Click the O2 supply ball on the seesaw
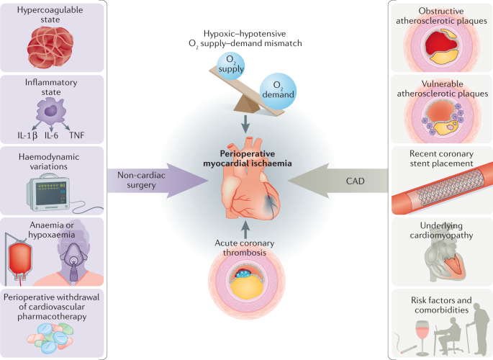pyautogui.click(x=230, y=66)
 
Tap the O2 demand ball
pyautogui.click(x=278, y=91)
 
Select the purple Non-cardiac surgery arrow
pyautogui.click(x=157, y=181)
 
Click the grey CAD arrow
pyautogui.click(x=338, y=181)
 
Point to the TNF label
pyautogui.click(x=77, y=135)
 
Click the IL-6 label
pyautogui.click(x=51, y=135)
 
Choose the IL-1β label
pyautogui.click(x=27, y=136)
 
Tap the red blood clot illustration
pyautogui.click(x=50, y=48)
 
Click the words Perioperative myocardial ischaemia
pyautogui.click(x=247, y=158)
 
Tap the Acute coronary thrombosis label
pyautogui.click(x=245, y=248)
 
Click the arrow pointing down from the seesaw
pyautogui.click(x=245, y=124)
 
